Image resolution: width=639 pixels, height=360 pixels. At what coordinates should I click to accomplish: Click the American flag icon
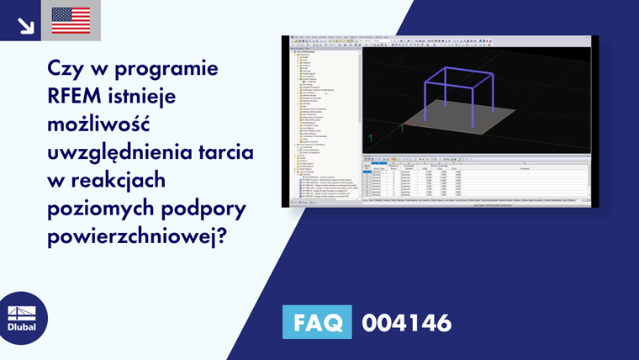pos(71,20)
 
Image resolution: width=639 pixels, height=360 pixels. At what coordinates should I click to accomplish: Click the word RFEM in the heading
pos(78,96)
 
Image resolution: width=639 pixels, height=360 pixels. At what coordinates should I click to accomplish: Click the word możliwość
pos(98,124)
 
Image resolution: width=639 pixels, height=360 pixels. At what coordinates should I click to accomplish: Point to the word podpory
pos(193,209)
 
